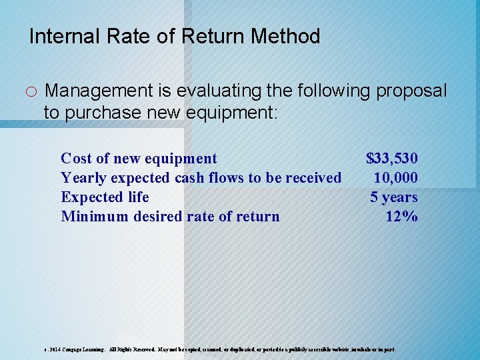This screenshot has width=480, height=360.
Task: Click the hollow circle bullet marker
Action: tap(33, 91)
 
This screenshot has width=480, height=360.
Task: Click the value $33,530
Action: tap(392, 159)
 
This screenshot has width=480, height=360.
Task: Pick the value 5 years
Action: tap(394, 197)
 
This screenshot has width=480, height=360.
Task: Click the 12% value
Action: tap(401, 217)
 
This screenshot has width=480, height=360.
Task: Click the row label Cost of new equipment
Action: tap(139, 159)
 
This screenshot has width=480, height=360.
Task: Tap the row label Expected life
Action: tap(105, 197)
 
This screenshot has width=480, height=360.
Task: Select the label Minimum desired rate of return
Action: tap(170, 217)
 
